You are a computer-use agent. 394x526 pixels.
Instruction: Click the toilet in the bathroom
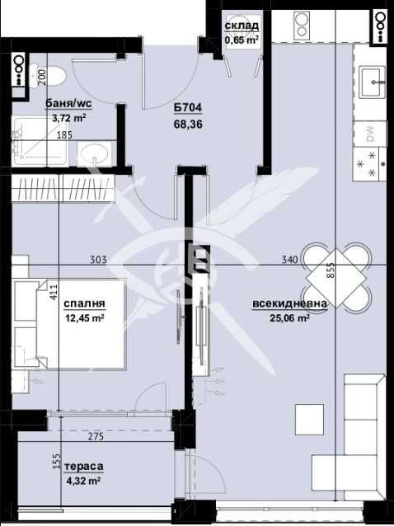[x=52, y=77]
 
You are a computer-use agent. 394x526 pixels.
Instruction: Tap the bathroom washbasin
[x=98, y=155]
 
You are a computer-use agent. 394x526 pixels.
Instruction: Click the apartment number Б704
[x=189, y=110]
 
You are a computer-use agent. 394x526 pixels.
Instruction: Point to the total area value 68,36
[x=189, y=124]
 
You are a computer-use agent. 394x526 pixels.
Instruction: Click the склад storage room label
[x=242, y=26]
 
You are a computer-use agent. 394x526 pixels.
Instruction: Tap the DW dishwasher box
[x=370, y=131]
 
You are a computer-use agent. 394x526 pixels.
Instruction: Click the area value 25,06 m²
[x=288, y=317]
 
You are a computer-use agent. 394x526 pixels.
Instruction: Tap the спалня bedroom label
[x=84, y=303]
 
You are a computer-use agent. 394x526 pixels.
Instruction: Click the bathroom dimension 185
[x=64, y=135]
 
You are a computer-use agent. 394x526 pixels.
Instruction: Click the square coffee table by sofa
[x=310, y=420]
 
